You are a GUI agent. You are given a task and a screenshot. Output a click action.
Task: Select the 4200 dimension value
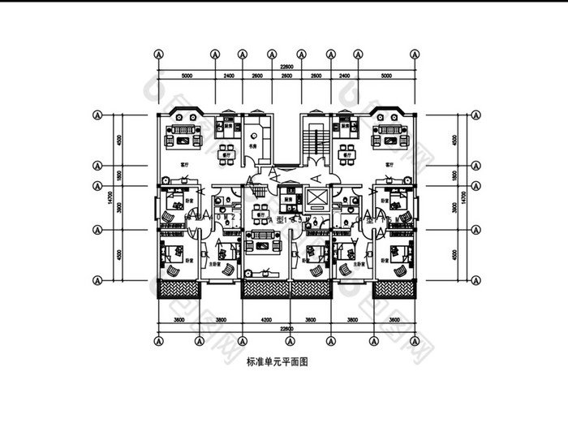click(x=256, y=320)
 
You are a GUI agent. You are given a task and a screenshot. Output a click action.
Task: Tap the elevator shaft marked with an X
click(x=316, y=197)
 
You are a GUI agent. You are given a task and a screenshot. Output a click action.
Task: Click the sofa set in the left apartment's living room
click(x=184, y=136)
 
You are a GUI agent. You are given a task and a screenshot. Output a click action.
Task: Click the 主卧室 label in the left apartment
click(x=213, y=262)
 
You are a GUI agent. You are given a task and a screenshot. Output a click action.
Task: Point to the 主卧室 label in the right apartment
click(x=359, y=262)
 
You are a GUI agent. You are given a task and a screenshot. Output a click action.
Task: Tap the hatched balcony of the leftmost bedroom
click(x=178, y=288)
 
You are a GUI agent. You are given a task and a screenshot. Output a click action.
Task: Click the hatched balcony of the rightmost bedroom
click(x=394, y=288)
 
